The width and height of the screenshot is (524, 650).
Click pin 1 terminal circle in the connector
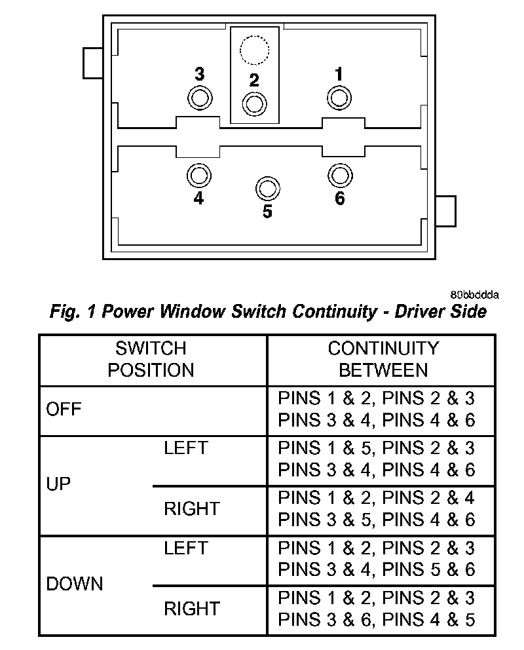click(x=339, y=99)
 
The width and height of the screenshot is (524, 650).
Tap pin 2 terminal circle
click(x=254, y=104)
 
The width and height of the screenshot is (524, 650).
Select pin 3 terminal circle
click(x=199, y=99)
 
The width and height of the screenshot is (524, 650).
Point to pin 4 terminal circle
click(x=199, y=175)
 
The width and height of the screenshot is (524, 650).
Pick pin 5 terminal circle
click(x=267, y=188)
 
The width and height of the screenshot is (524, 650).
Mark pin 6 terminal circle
click(x=339, y=175)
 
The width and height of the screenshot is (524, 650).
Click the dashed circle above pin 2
click(x=254, y=50)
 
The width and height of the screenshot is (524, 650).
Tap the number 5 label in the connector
click(x=267, y=212)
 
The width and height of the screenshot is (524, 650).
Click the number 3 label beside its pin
click(x=199, y=74)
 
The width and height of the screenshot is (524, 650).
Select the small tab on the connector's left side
click(x=93, y=64)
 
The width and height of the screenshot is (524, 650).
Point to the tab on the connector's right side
click(x=445, y=210)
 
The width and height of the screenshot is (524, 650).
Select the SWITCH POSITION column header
click(x=151, y=358)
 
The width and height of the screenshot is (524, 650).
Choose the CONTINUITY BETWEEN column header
click(x=383, y=358)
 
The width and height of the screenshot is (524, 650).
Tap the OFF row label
click(x=64, y=410)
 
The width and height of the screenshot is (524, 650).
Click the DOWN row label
click(x=75, y=583)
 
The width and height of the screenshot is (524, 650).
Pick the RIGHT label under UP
click(x=191, y=508)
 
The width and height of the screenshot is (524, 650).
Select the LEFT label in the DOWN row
click(x=185, y=548)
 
